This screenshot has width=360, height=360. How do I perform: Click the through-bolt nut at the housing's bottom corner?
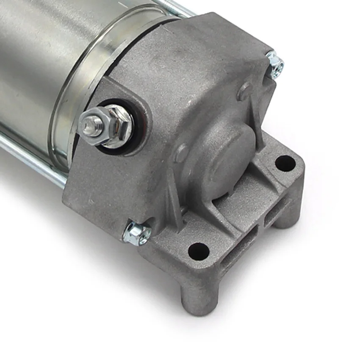(136, 233)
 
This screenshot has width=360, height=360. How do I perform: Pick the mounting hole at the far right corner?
(285, 163)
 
